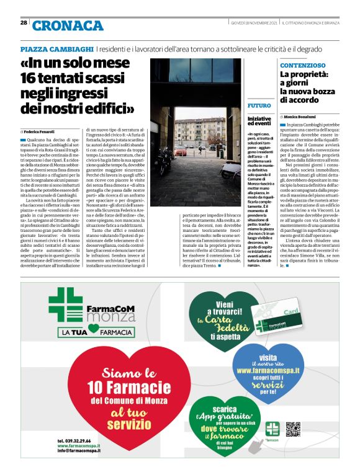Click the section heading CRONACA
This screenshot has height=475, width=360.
68,25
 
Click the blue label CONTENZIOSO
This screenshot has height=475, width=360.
302,64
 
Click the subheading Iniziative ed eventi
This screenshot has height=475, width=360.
259,121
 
